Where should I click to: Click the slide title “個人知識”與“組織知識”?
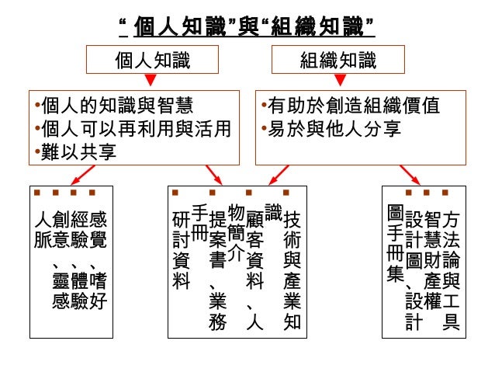[x=247, y=27]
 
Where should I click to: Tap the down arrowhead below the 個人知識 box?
[x=153, y=80]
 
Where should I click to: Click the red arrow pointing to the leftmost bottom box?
[x=59, y=176]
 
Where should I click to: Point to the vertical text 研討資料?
[x=181, y=251]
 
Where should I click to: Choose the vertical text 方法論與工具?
[x=451, y=268]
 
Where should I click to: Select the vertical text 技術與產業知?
[x=292, y=268]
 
